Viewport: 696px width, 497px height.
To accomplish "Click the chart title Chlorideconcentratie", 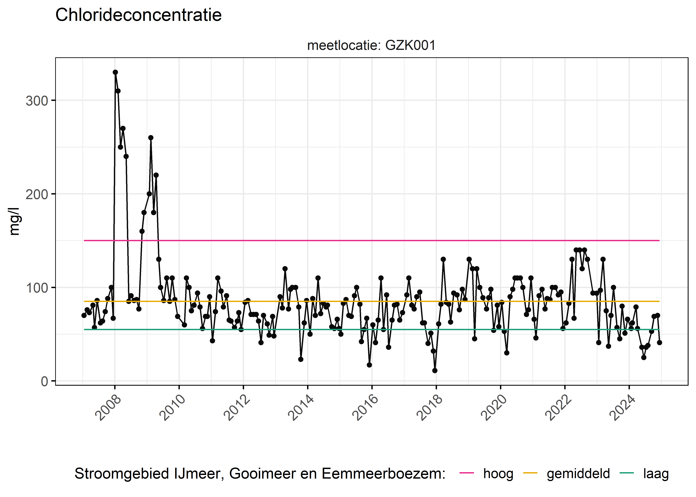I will pos(138,15).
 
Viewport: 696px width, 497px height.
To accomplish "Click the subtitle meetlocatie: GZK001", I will pos(371,46).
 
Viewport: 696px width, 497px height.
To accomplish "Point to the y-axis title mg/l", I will pos(14,221).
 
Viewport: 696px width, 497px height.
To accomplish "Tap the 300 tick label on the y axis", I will pos(37,101).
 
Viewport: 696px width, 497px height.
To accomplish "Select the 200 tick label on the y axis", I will pos(37,194).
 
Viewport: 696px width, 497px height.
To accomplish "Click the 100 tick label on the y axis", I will pos(37,288).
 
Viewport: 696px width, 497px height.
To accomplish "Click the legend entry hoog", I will pos(498,474).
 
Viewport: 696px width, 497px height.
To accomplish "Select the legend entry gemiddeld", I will pos(578,474).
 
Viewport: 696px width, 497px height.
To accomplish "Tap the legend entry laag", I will pos(656,474).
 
